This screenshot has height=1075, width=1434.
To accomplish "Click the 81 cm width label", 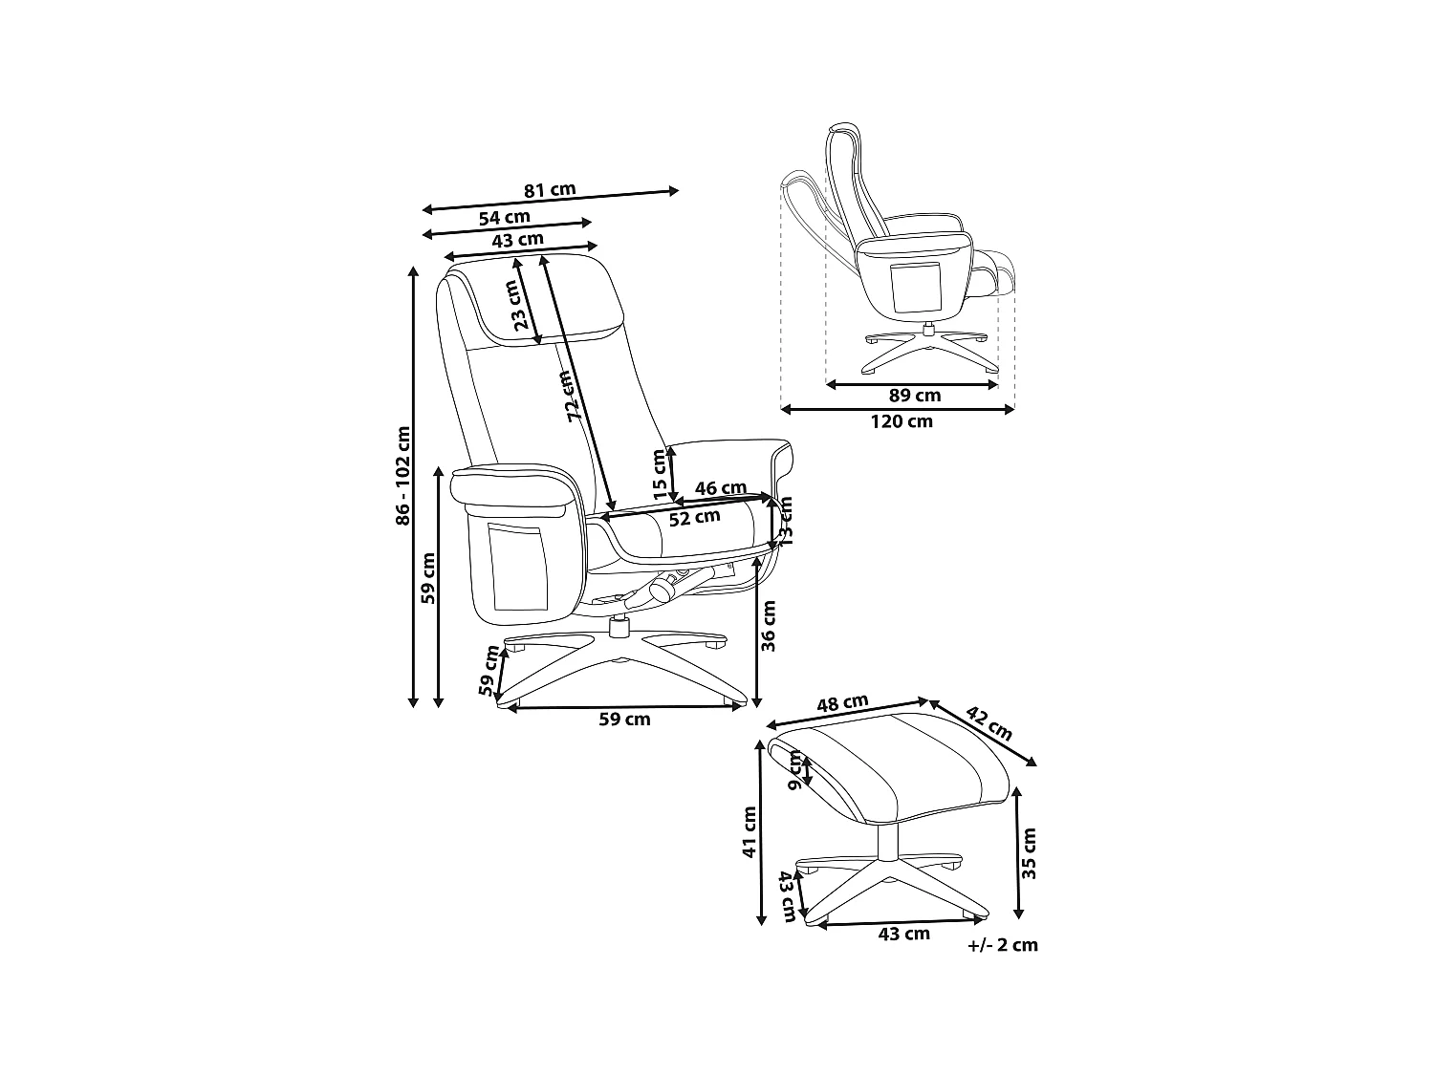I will [x=550, y=189].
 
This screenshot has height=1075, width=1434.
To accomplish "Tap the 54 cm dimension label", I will [x=505, y=217].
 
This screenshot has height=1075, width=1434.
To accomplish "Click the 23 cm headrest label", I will [x=522, y=306].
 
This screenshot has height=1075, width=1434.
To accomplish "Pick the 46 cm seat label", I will [x=720, y=488].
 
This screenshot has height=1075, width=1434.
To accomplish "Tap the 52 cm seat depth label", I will [x=695, y=517].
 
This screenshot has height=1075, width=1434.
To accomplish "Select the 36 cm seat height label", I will [x=769, y=625].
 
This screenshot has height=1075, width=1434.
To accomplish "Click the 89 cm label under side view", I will [x=914, y=396].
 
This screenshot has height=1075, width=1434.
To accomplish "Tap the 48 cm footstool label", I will [x=842, y=703].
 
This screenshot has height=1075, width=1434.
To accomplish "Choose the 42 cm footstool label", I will [x=989, y=723].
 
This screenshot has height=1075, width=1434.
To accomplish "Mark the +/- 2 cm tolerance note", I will [x=1002, y=945].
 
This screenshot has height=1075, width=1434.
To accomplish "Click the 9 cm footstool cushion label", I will [x=795, y=769].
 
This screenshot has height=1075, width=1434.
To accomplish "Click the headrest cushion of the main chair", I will [x=545, y=296].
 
